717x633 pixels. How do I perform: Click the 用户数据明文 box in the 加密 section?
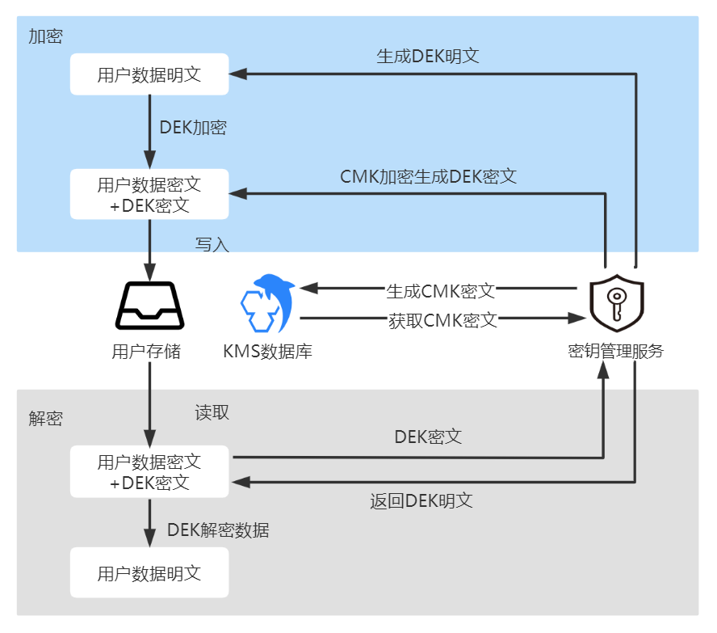click(149, 74)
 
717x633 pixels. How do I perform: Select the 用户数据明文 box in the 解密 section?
click(149, 574)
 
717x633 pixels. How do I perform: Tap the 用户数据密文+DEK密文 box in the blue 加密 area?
click(149, 195)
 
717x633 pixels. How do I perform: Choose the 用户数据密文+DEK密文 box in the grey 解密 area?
click(149, 473)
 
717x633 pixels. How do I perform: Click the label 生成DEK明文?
click(428, 57)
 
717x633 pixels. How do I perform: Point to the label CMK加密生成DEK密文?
click(429, 176)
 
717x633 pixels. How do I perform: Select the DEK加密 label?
click(193, 127)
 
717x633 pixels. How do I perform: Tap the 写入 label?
click(212, 244)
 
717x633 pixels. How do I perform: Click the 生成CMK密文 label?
click(440, 289)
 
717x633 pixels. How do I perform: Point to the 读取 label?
click(212, 412)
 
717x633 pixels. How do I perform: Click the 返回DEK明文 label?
click(421, 500)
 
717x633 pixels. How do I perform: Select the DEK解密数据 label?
click(218, 530)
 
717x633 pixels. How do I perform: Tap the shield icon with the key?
click(616, 303)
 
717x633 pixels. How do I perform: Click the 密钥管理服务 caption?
click(616, 351)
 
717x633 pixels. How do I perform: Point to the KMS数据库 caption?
click(267, 352)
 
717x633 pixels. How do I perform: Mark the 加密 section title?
click(45, 36)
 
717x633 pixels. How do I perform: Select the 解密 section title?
click(45, 418)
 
